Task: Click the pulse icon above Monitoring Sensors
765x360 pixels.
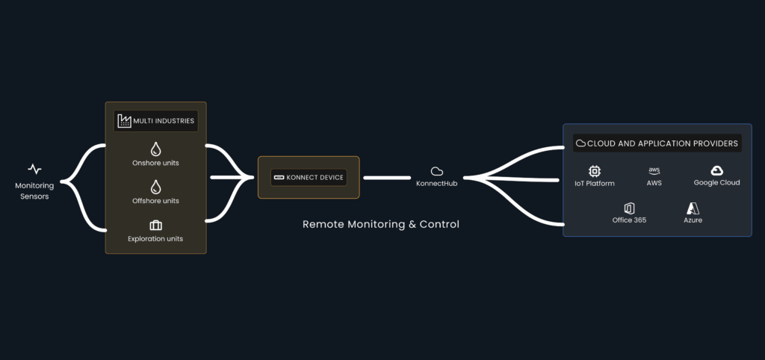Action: pos(34,169)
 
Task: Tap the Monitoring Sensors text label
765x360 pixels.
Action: pos(34,191)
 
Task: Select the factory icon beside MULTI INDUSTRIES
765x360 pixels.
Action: pos(124,120)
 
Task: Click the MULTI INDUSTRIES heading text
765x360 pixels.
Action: pos(165,120)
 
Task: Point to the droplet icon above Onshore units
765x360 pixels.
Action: pos(156,148)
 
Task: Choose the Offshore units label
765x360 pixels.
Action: pos(155,201)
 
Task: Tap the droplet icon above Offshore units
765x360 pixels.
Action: pos(156,186)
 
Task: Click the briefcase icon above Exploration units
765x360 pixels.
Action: pos(156,225)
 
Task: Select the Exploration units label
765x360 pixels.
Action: pos(155,239)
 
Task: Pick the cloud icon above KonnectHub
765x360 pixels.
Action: pos(437,171)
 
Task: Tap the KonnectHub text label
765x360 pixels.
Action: pos(437,184)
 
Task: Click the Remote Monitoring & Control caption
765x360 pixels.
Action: pos(381,224)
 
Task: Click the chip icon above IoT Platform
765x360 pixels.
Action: pos(595,171)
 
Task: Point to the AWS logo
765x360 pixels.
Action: pos(654,171)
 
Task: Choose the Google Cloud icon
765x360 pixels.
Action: pos(716,171)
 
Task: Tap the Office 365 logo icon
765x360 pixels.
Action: pos(629,208)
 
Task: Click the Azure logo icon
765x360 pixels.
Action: pos(693,208)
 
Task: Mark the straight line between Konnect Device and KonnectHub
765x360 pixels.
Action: pos(387,178)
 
